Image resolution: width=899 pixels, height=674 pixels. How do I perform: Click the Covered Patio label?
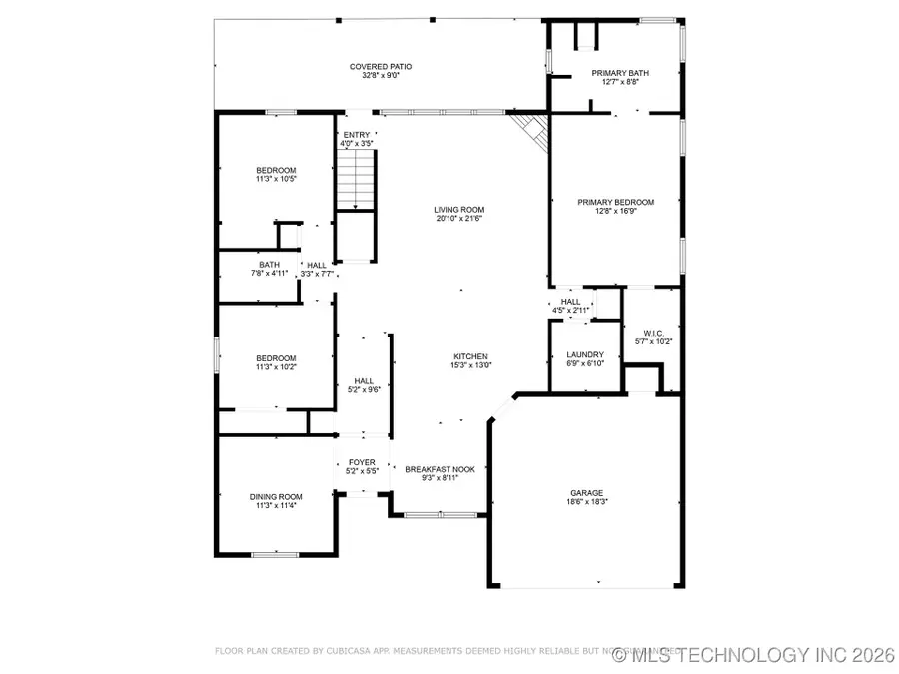380,67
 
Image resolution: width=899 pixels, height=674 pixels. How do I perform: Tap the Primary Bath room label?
620,73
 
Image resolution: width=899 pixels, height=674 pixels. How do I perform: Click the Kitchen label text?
470,356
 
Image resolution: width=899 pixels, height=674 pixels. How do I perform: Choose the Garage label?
586,492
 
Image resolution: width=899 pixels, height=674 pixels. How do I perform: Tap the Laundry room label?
584,354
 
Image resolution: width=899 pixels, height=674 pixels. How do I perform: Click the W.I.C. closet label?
654,333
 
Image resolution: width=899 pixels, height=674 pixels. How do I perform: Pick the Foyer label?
361,462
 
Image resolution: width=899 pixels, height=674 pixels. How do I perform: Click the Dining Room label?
275,496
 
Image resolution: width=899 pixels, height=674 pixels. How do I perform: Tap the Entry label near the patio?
357,135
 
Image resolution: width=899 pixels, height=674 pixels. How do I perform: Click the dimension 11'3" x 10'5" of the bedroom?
276,179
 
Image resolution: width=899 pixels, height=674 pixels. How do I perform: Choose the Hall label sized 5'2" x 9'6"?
363,380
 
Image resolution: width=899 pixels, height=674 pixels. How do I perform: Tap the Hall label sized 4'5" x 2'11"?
570,301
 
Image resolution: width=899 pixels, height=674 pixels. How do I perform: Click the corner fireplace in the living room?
533,130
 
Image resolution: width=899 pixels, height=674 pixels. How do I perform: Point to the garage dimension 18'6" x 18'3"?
586,501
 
